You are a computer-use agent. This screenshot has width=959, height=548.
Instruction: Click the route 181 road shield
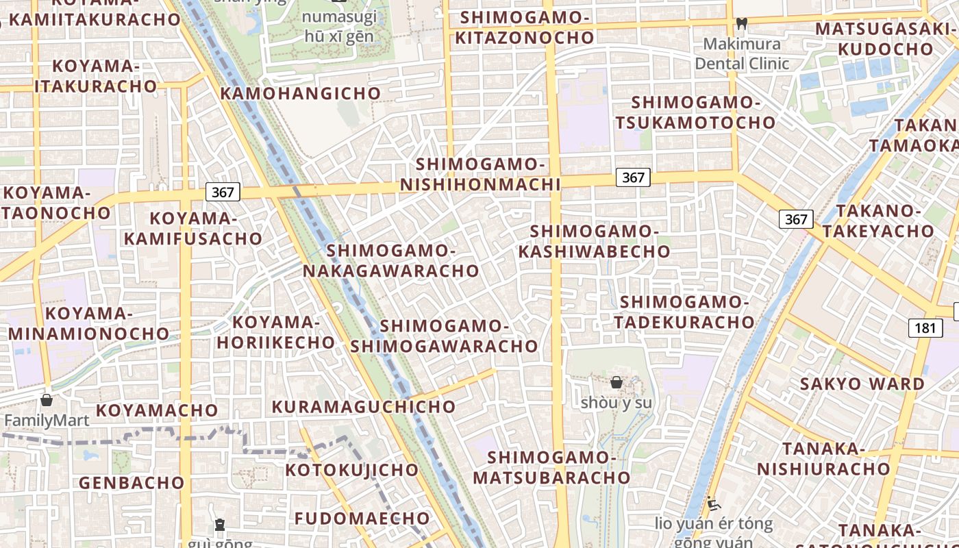[925, 327]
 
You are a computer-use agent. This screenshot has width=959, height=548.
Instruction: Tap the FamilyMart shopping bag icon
[47, 400]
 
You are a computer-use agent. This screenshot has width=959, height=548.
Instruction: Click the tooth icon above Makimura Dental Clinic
[740, 23]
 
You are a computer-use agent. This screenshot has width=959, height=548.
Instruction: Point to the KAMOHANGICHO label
[301, 93]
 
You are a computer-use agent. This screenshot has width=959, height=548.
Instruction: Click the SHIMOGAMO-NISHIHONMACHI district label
[480, 174]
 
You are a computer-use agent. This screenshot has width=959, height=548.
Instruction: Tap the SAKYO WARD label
[862, 384]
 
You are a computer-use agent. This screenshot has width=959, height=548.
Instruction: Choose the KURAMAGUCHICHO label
[364, 406]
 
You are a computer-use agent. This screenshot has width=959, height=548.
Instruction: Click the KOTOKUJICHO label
[351, 470]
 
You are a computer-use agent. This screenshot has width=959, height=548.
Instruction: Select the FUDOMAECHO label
[362, 518]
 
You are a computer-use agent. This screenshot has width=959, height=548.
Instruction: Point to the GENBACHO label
[132, 482]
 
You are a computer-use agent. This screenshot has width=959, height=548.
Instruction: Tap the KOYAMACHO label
[157, 410]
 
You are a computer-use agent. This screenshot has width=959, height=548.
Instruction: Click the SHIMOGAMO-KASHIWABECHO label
[594, 241]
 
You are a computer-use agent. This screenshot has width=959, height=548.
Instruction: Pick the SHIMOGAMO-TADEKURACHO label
[684, 312]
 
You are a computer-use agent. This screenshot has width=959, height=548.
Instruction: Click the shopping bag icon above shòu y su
[616, 382]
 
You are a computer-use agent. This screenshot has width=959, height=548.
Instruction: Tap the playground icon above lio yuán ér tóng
[714, 505]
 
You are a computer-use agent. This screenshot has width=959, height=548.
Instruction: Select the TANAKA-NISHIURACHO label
[823, 459]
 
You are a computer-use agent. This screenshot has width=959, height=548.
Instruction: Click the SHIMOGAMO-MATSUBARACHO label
[551, 467]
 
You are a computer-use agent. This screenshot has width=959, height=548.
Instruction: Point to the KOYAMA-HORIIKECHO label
[276, 332]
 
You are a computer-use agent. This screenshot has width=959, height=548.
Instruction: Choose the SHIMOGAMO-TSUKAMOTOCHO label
[695, 112]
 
